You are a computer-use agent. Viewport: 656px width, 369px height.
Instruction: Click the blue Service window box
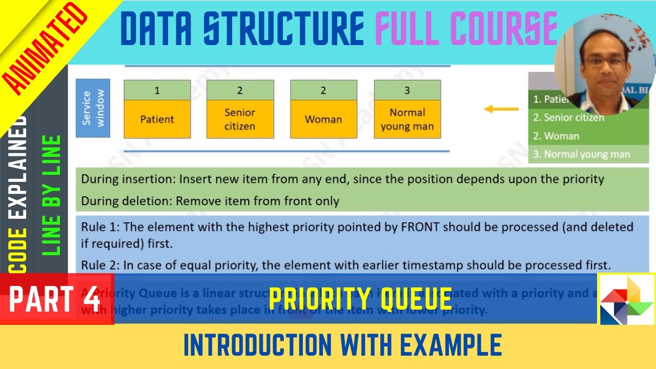click(x=93, y=108)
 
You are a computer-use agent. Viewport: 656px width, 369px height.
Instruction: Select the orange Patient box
click(x=157, y=119)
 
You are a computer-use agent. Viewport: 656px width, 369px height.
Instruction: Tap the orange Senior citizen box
click(x=240, y=119)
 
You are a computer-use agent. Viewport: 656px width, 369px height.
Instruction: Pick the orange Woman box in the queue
click(x=323, y=119)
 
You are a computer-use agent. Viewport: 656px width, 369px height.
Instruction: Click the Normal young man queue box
click(x=407, y=119)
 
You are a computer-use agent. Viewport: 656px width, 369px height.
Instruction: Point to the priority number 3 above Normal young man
click(x=407, y=91)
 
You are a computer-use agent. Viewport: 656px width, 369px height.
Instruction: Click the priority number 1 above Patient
click(x=157, y=91)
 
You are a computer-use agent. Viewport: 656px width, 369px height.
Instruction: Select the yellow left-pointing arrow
click(x=502, y=109)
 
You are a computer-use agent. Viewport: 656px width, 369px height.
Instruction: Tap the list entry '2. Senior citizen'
click(x=568, y=118)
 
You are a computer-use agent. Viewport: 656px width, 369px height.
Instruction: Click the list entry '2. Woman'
click(x=556, y=136)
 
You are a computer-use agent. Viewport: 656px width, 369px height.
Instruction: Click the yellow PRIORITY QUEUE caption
click(x=360, y=299)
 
